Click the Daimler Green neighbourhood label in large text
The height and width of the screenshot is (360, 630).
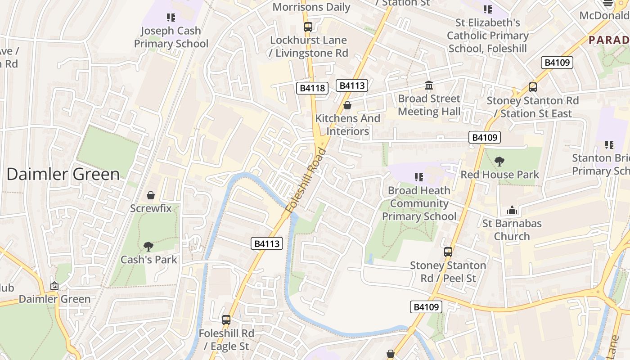63,174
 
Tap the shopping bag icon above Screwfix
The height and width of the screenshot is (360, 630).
151,195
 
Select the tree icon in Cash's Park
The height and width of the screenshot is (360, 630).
148,246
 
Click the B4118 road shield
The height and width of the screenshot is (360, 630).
312,88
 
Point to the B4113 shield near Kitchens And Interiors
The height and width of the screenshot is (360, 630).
351,85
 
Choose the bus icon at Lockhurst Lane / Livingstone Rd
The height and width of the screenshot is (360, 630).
308,27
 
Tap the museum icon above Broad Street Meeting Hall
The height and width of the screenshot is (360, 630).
429,85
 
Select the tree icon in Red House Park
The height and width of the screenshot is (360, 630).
499,161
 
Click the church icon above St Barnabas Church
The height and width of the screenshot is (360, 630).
512,210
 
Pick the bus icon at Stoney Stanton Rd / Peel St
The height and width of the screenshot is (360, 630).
448,252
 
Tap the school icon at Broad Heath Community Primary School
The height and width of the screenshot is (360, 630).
419,177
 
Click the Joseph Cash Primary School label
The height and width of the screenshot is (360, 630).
171,37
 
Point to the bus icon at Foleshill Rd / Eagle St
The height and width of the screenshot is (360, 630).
226,320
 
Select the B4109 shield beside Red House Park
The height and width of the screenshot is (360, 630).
484,137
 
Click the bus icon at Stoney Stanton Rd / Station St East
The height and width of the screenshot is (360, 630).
533,87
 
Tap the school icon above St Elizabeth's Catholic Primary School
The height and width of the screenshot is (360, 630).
487,9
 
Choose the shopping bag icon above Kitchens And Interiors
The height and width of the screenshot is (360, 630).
347,105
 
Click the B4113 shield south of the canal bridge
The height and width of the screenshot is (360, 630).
267,243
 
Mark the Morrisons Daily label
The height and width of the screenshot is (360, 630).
311,7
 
